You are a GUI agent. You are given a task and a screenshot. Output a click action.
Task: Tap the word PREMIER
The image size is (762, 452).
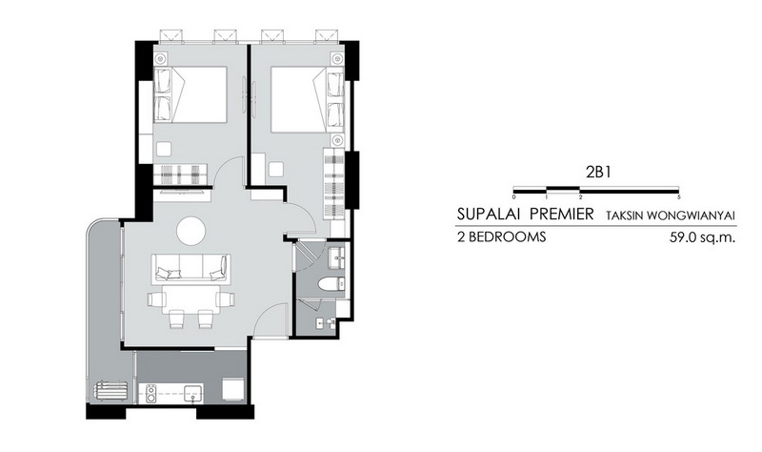tap(562, 214)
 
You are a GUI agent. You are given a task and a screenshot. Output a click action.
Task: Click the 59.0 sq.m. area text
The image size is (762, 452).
tap(702, 237)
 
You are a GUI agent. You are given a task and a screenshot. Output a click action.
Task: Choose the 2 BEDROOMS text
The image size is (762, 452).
tap(502, 236)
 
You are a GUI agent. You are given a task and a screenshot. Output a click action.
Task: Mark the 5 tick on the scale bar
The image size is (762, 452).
tap(678, 197)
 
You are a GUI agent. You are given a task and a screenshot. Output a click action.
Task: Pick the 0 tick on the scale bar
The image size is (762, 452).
tap(514, 197)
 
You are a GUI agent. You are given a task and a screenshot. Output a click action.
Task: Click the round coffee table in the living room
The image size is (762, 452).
tap(191, 231)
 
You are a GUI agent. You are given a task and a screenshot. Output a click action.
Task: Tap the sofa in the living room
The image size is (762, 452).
tap(191, 267)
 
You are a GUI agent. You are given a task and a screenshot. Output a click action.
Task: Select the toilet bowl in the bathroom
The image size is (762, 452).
tap(331, 283)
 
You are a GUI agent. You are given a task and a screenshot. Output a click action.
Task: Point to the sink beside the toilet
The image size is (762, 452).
tap(336, 257)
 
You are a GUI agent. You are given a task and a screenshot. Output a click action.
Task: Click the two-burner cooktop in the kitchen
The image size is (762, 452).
tap(151, 394)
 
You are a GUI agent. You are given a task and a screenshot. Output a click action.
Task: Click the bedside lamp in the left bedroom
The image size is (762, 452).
tap(160, 58)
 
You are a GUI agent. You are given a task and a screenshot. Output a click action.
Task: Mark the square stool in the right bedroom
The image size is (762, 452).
tap(276, 170)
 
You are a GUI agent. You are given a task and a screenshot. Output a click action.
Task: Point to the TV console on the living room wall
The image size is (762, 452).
tap(182, 195)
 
